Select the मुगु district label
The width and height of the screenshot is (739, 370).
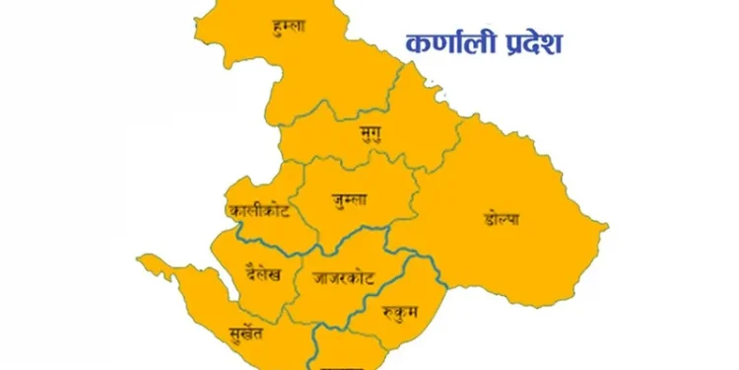(x=371, y=132)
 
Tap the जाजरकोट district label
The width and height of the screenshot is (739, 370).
(x=341, y=278)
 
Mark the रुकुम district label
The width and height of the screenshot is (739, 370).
(x=399, y=314)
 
